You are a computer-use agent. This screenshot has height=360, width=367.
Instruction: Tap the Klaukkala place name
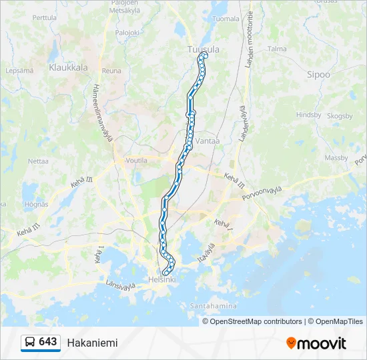[69, 67]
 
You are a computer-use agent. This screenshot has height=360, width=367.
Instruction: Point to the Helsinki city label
[162, 280]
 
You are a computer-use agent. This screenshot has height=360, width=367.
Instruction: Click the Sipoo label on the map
[318, 75]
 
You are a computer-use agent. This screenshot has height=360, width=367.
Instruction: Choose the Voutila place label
[136, 161]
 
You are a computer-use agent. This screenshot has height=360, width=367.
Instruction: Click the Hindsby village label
[308, 115]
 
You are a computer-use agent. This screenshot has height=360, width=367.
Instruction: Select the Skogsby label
[340, 116]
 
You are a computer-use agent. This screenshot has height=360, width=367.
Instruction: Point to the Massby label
[336, 158]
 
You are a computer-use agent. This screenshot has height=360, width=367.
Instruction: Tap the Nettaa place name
[38, 161]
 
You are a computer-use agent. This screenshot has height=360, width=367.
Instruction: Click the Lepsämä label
[19, 70]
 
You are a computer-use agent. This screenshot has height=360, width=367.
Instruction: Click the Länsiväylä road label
[121, 285]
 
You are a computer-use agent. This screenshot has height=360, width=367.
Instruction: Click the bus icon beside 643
[30, 343]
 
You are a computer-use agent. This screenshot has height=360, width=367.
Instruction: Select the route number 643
[48, 342]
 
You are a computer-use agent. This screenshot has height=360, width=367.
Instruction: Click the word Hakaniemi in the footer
[92, 343]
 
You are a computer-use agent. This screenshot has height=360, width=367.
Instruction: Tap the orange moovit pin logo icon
[291, 343]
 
